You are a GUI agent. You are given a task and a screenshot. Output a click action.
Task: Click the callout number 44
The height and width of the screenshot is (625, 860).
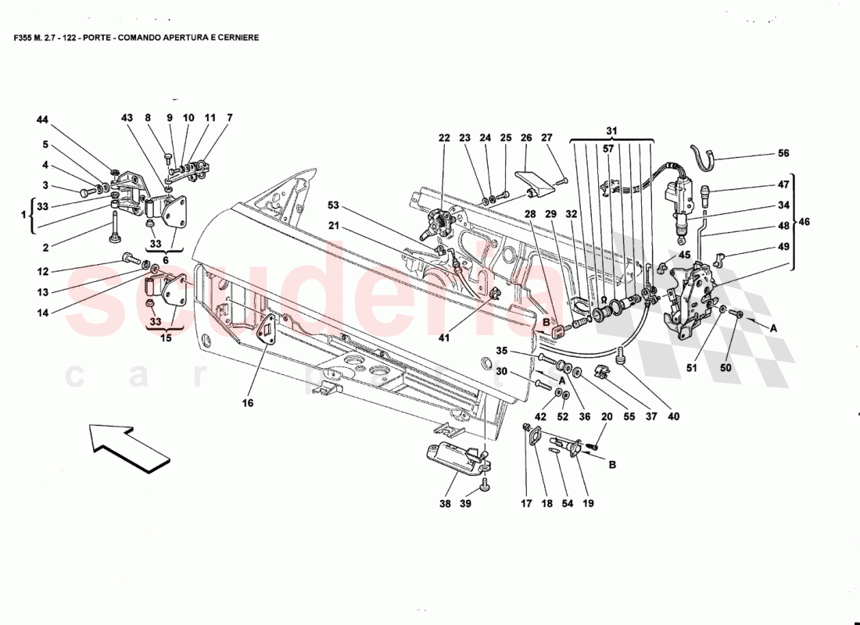pyautogui.click(x=42, y=120)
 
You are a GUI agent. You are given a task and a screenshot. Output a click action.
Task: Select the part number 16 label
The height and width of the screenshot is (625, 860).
pyautogui.click(x=248, y=404)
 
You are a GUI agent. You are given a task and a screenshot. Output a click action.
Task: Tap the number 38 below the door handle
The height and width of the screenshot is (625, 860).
pyautogui.click(x=446, y=504)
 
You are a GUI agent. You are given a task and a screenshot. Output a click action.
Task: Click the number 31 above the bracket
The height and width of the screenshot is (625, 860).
pyautogui.click(x=611, y=130)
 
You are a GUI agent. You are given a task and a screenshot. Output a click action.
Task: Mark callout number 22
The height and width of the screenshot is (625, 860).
pyautogui.click(x=444, y=138)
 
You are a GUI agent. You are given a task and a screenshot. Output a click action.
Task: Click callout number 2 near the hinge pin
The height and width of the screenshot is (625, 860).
pyautogui.click(x=45, y=248)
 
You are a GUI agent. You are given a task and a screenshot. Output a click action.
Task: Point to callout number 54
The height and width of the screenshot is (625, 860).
pyautogui.click(x=567, y=504)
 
